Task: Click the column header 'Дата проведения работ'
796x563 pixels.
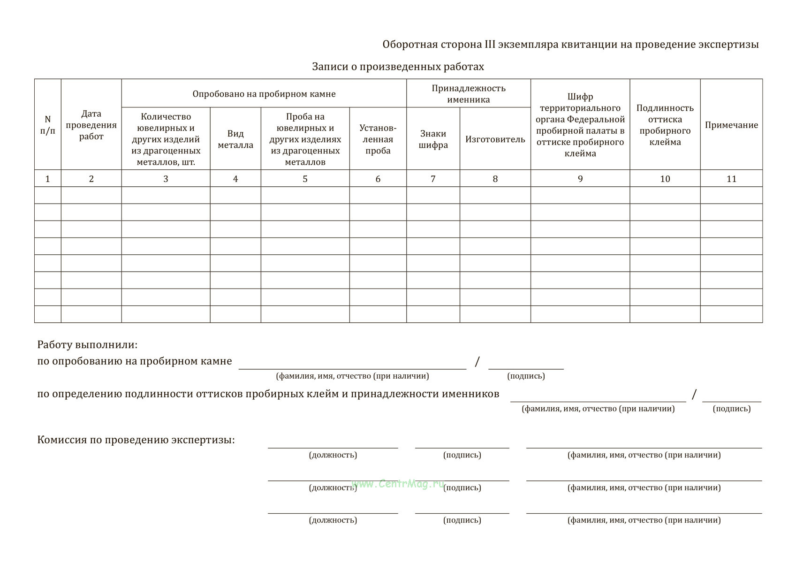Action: (91, 125)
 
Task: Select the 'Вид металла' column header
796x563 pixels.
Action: (235, 139)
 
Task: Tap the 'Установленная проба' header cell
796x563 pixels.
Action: (378, 139)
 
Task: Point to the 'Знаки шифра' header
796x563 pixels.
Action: (433, 139)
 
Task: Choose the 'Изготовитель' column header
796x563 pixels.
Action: (495, 139)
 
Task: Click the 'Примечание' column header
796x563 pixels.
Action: (731, 125)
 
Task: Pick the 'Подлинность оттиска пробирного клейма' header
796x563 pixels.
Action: (665, 125)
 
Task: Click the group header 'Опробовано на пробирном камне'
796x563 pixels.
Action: (264, 94)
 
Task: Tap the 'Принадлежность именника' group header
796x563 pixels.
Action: (468, 94)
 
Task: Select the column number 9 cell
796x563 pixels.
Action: (580, 179)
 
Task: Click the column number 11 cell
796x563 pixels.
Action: (731, 179)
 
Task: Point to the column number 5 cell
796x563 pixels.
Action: (305, 179)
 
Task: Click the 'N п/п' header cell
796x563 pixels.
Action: (47, 125)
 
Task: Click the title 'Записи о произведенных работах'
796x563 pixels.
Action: (398, 67)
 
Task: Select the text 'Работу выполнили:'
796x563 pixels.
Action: (87, 345)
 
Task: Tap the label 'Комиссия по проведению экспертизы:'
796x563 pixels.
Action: (136, 440)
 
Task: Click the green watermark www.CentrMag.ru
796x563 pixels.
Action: (398, 484)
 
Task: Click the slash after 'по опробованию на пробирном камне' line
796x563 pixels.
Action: (478, 361)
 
